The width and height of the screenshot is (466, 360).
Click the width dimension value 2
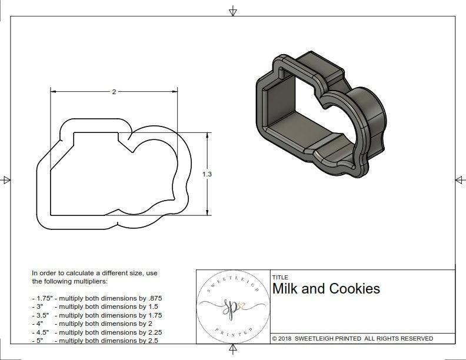[114, 92]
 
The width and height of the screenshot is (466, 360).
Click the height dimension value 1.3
[208, 174]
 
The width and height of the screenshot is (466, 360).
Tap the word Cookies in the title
[354, 289]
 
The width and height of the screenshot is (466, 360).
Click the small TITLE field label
[280, 277]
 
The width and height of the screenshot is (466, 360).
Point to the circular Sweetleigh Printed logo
[232, 306]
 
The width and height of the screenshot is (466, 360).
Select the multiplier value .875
[154, 298]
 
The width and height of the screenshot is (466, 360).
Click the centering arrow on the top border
[233, 11]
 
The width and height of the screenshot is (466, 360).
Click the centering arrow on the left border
[6, 180]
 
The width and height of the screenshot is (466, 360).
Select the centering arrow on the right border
[460, 180]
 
